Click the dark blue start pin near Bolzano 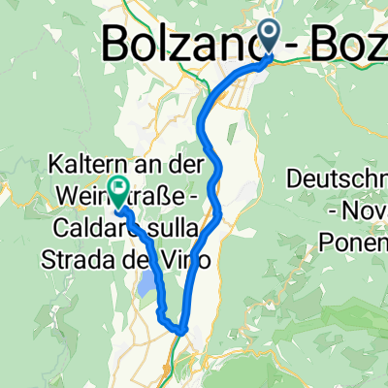tap(270, 36)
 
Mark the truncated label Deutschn tap(338, 179)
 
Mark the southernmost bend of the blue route tap(180, 332)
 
